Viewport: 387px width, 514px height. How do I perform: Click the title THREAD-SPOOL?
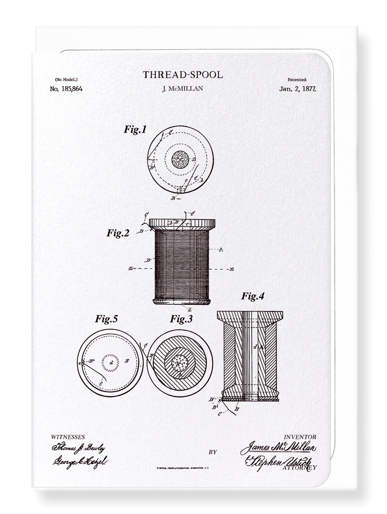[x=183, y=75]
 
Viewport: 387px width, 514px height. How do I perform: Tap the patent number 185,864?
[x=66, y=89]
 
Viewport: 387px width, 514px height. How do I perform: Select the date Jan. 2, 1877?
[x=297, y=89]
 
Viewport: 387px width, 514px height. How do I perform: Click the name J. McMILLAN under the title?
[x=182, y=89]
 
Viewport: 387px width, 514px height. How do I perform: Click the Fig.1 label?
[x=135, y=130]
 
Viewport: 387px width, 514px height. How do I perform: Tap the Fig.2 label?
[x=118, y=233]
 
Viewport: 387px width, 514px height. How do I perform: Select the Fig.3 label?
[x=181, y=319]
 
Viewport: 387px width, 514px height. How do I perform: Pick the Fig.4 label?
[x=253, y=296]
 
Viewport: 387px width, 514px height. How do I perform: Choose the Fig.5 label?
[x=106, y=319]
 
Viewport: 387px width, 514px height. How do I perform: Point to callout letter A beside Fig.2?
[x=221, y=249]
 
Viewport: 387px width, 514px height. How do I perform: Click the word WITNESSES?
[x=68, y=437]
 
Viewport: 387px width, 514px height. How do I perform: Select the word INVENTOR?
[x=300, y=437]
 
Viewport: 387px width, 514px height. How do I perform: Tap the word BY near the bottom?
[x=212, y=452]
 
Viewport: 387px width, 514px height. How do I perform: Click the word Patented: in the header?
[x=297, y=80]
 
